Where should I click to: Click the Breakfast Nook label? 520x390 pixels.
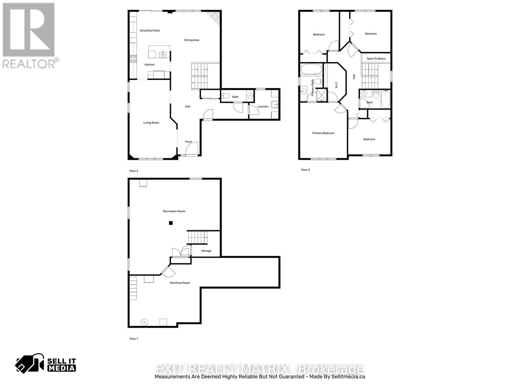pyautogui.click(x=150, y=31)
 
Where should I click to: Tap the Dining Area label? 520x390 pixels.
pyautogui.click(x=191, y=40)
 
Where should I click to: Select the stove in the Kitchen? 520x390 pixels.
pyautogui.click(x=133, y=59)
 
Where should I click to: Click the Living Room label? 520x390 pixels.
pyautogui.click(x=151, y=123)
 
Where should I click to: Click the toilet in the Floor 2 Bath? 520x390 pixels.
pyautogui.click(x=226, y=96)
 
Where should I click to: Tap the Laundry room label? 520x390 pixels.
pyautogui.click(x=263, y=106)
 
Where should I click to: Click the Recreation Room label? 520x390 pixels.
pyautogui.click(x=174, y=211)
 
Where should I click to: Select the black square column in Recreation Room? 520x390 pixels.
pyautogui.click(x=171, y=223)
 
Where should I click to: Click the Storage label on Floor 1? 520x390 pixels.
pyautogui.click(x=206, y=251)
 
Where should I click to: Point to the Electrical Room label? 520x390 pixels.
pyautogui.click(x=180, y=283)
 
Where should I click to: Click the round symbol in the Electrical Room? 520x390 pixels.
pyautogui.click(x=144, y=322)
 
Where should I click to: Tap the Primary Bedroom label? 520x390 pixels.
pyautogui.click(x=323, y=133)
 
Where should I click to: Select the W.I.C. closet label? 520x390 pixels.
pyautogui.click(x=336, y=84)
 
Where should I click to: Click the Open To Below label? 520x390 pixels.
pyautogui.click(x=376, y=58)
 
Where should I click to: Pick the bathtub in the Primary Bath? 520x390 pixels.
pyautogui.click(x=311, y=69)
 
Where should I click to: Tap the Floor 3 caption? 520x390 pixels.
pyautogui.click(x=305, y=170)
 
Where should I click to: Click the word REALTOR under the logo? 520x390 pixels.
pyautogui.click(x=29, y=64)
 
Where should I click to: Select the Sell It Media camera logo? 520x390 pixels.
pyautogui.click(x=30, y=363)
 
